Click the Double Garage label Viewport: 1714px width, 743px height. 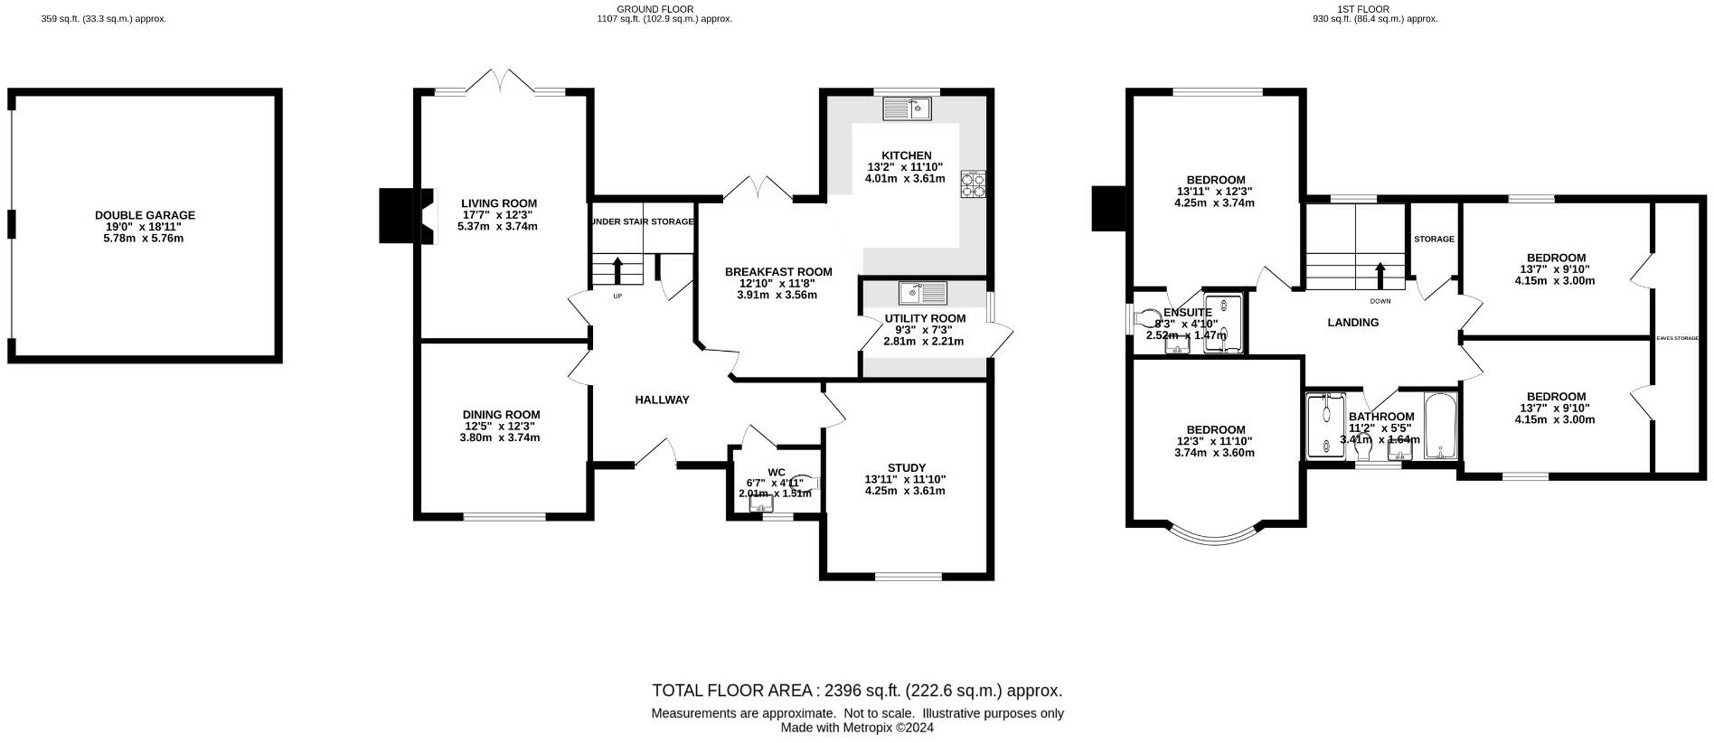tap(145, 215)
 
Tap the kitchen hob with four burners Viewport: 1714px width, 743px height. tap(973, 183)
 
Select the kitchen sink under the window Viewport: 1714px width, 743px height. tap(909, 108)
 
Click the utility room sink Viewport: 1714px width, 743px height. tap(923, 293)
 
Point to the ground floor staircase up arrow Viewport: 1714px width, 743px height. tap(618, 270)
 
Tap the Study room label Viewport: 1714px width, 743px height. tap(906, 467)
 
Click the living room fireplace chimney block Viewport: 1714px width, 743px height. tap(396, 215)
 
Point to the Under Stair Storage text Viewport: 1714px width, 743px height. tap(643, 221)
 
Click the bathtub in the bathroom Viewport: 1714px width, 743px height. tap(1438, 426)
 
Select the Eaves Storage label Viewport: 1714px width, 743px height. tap(1677, 338)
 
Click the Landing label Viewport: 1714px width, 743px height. tap(1352, 323)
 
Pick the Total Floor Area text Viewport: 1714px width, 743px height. tap(856, 691)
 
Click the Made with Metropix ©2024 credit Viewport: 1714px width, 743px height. tap(856, 728)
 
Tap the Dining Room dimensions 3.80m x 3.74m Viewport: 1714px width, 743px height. tap(500, 437)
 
